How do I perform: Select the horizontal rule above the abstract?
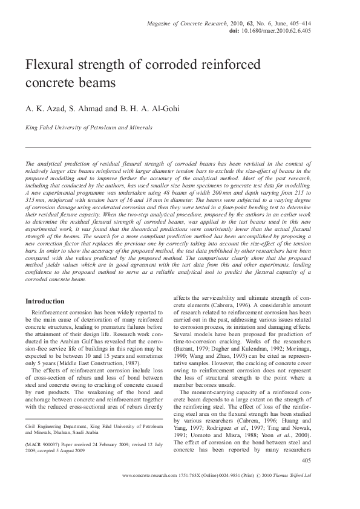(168, 147)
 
